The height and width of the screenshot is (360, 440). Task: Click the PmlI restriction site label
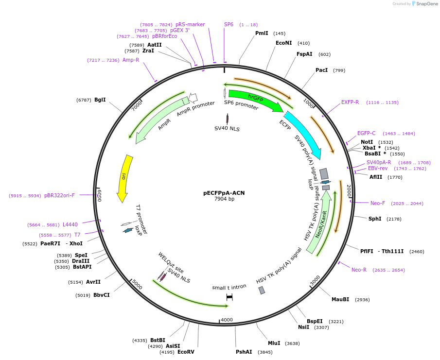(x=262, y=34)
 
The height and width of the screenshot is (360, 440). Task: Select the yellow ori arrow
(x=124, y=177)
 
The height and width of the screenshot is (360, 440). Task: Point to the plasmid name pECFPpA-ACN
(x=224, y=193)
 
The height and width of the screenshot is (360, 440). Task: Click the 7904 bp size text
(x=224, y=199)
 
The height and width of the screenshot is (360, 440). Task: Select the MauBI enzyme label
(x=340, y=300)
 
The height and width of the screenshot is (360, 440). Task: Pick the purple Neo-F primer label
(x=378, y=203)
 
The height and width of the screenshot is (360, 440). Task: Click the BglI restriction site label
(x=100, y=100)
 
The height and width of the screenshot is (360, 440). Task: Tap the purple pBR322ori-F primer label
(x=59, y=195)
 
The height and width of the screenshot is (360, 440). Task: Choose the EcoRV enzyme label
(x=186, y=352)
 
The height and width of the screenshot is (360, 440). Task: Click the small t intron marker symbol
(x=229, y=296)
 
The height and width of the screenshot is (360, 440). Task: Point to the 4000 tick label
(x=227, y=320)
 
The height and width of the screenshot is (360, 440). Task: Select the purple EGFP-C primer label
(x=367, y=133)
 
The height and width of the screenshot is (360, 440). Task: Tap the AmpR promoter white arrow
(x=193, y=98)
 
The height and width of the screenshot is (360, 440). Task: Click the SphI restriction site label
(x=375, y=219)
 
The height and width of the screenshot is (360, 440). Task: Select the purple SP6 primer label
(x=229, y=24)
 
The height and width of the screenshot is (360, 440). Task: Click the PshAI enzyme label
(x=244, y=352)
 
